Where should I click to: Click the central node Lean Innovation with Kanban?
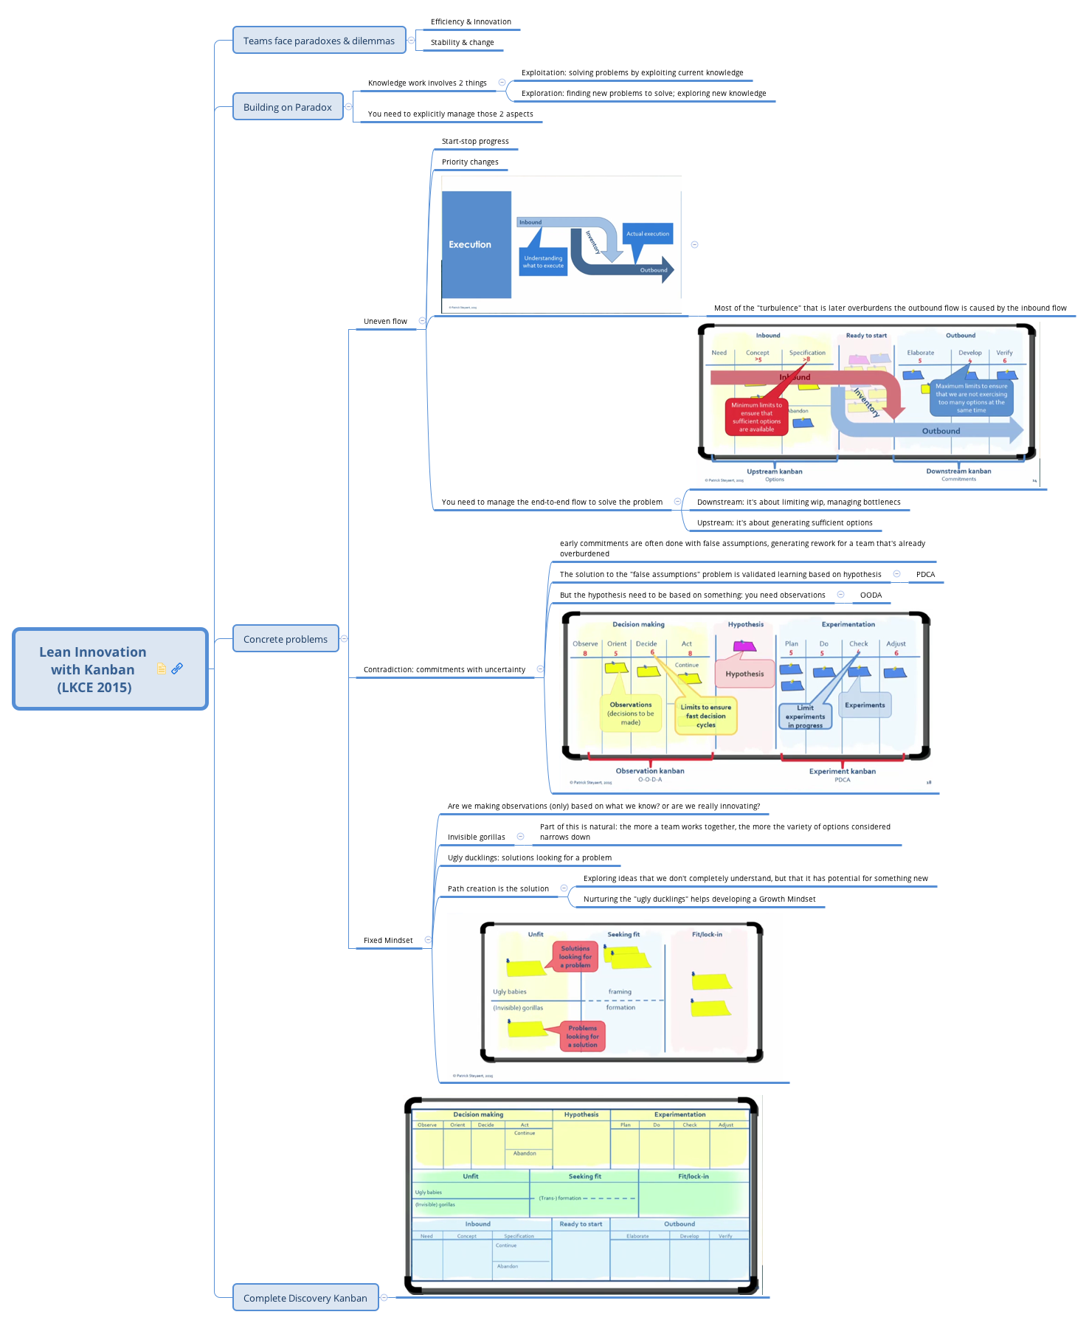click(93, 669)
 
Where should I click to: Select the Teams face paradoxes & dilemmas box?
click(319, 41)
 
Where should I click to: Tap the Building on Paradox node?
click(288, 107)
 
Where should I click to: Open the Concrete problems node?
click(286, 639)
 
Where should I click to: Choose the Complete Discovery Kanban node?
click(305, 1298)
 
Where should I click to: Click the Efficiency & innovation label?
click(471, 22)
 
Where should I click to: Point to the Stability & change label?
click(462, 43)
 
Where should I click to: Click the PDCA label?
click(925, 575)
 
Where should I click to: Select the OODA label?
click(871, 595)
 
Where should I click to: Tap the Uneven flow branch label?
click(385, 322)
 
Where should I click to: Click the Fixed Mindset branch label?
click(388, 941)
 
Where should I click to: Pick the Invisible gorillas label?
click(476, 837)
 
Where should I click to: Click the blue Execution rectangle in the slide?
click(476, 244)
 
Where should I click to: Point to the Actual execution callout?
click(648, 234)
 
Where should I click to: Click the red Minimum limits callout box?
click(756, 417)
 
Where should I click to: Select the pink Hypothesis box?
click(744, 674)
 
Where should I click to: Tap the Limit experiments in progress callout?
click(805, 716)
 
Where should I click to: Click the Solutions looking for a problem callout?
click(575, 957)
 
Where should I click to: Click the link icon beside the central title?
click(177, 669)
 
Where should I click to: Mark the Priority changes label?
click(470, 162)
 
